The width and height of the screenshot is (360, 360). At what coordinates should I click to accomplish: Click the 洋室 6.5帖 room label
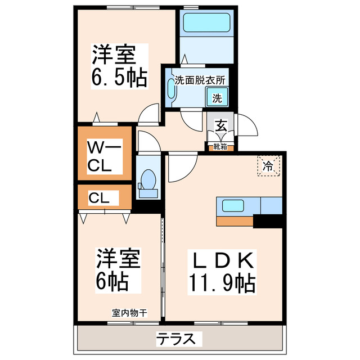coord(119,66)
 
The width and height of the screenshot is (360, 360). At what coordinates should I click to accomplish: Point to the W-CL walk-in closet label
coord(104,157)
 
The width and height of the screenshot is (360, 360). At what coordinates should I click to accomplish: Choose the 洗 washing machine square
coord(217,97)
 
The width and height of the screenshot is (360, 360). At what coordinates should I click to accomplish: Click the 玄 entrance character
coord(220,125)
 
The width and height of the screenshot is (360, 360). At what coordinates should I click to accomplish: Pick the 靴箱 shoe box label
coord(220,147)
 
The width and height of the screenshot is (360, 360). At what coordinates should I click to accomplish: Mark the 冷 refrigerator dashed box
coord(269,166)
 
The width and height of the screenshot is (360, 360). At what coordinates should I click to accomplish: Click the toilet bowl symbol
coord(148,182)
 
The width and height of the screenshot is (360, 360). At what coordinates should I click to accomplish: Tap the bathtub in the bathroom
coord(205,23)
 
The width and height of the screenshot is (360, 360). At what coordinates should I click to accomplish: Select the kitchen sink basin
coord(233,205)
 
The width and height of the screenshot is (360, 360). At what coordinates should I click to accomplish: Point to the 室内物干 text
coord(129,313)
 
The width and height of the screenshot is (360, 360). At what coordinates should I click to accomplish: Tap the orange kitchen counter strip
coord(234,220)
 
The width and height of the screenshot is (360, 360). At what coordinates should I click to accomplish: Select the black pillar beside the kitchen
coord(267,221)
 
